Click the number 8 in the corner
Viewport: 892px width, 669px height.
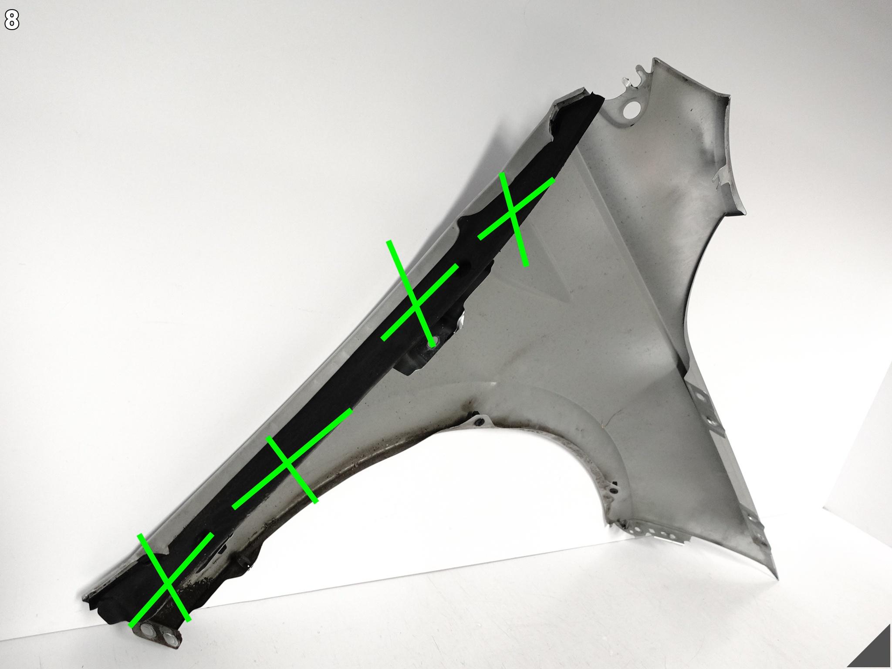(12, 20)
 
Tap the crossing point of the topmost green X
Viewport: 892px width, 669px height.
(514, 211)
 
